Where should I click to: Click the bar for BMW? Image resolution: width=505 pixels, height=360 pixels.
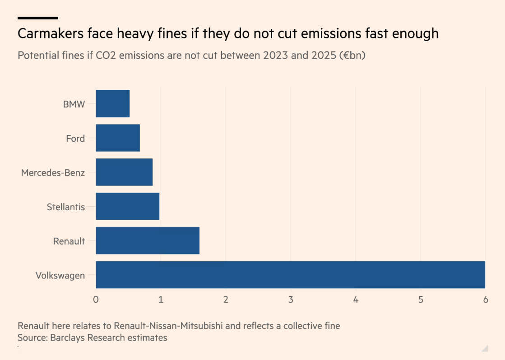pyautogui.click(x=113, y=104)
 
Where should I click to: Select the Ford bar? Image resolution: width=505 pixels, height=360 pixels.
pyautogui.click(x=118, y=138)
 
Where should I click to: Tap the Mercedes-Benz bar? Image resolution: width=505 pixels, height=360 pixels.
pyautogui.click(x=124, y=172)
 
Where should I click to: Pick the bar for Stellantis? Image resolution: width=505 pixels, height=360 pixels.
pyautogui.click(x=128, y=206)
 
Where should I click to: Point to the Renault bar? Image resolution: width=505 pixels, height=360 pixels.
pyautogui.click(x=148, y=240)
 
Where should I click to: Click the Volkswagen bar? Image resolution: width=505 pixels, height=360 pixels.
pyautogui.click(x=290, y=275)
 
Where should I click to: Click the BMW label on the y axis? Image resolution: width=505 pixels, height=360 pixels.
pyautogui.click(x=74, y=104)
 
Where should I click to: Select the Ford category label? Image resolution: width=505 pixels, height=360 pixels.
pyautogui.click(x=75, y=138)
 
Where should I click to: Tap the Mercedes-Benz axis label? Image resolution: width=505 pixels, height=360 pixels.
pyautogui.click(x=53, y=173)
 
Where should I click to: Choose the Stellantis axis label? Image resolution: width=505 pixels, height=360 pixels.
pyautogui.click(x=66, y=207)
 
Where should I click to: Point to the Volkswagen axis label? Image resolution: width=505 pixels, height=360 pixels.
pyautogui.click(x=60, y=275)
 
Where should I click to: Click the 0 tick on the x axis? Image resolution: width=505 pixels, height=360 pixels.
pyautogui.click(x=96, y=299)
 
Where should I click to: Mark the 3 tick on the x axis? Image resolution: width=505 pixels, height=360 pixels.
pyautogui.click(x=291, y=299)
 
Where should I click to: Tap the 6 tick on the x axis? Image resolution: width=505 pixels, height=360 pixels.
pyautogui.click(x=486, y=299)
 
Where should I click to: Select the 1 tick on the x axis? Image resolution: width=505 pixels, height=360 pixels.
pyautogui.click(x=161, y=299)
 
